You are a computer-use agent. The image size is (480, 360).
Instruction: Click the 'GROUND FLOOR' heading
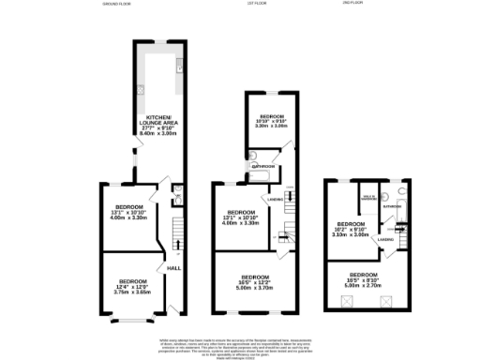[117, 5]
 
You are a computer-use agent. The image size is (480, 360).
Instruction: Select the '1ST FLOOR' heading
[254, 5]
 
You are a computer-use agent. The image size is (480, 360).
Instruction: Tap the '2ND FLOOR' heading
[352, 5]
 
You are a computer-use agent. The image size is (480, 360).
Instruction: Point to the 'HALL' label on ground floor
[172, 270]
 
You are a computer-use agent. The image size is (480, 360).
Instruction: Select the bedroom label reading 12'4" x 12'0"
[128, 284]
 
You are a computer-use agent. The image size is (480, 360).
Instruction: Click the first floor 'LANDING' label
[275, 199]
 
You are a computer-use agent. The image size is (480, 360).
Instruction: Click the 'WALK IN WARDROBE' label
[368, 198]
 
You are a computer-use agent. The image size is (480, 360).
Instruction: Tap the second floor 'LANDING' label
[385, 240]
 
